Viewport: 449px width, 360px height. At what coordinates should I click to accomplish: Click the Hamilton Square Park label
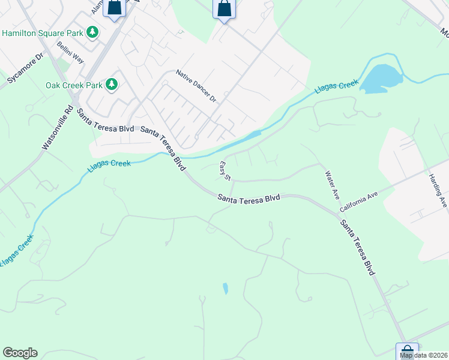tap(41, 32)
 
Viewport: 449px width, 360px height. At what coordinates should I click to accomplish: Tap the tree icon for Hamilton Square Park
tap(92, 32)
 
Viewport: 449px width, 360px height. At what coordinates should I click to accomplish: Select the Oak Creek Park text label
tap(74, 85)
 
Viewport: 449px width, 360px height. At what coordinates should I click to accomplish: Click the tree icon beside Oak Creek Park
tap(112, 85)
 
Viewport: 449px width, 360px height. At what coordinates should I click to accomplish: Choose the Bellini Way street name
tap(70, 53)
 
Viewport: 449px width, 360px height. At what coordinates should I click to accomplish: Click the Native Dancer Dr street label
tap(196, 86)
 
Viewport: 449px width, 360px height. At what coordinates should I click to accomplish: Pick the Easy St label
tap(225, 171)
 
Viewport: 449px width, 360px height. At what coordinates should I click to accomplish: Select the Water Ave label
tap(333, 186)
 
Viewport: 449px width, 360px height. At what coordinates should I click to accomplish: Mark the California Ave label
tap(358, 202)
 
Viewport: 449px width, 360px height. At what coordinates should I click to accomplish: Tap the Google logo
tap(20, 353)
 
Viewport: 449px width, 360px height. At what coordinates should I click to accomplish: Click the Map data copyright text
tap(423, 355)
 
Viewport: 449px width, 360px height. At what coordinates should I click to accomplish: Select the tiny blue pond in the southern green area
tap(225, 289)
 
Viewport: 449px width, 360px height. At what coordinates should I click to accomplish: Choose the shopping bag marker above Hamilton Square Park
tap(115, 8)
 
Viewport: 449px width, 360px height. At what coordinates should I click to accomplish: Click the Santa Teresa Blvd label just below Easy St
tap(249, 198)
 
